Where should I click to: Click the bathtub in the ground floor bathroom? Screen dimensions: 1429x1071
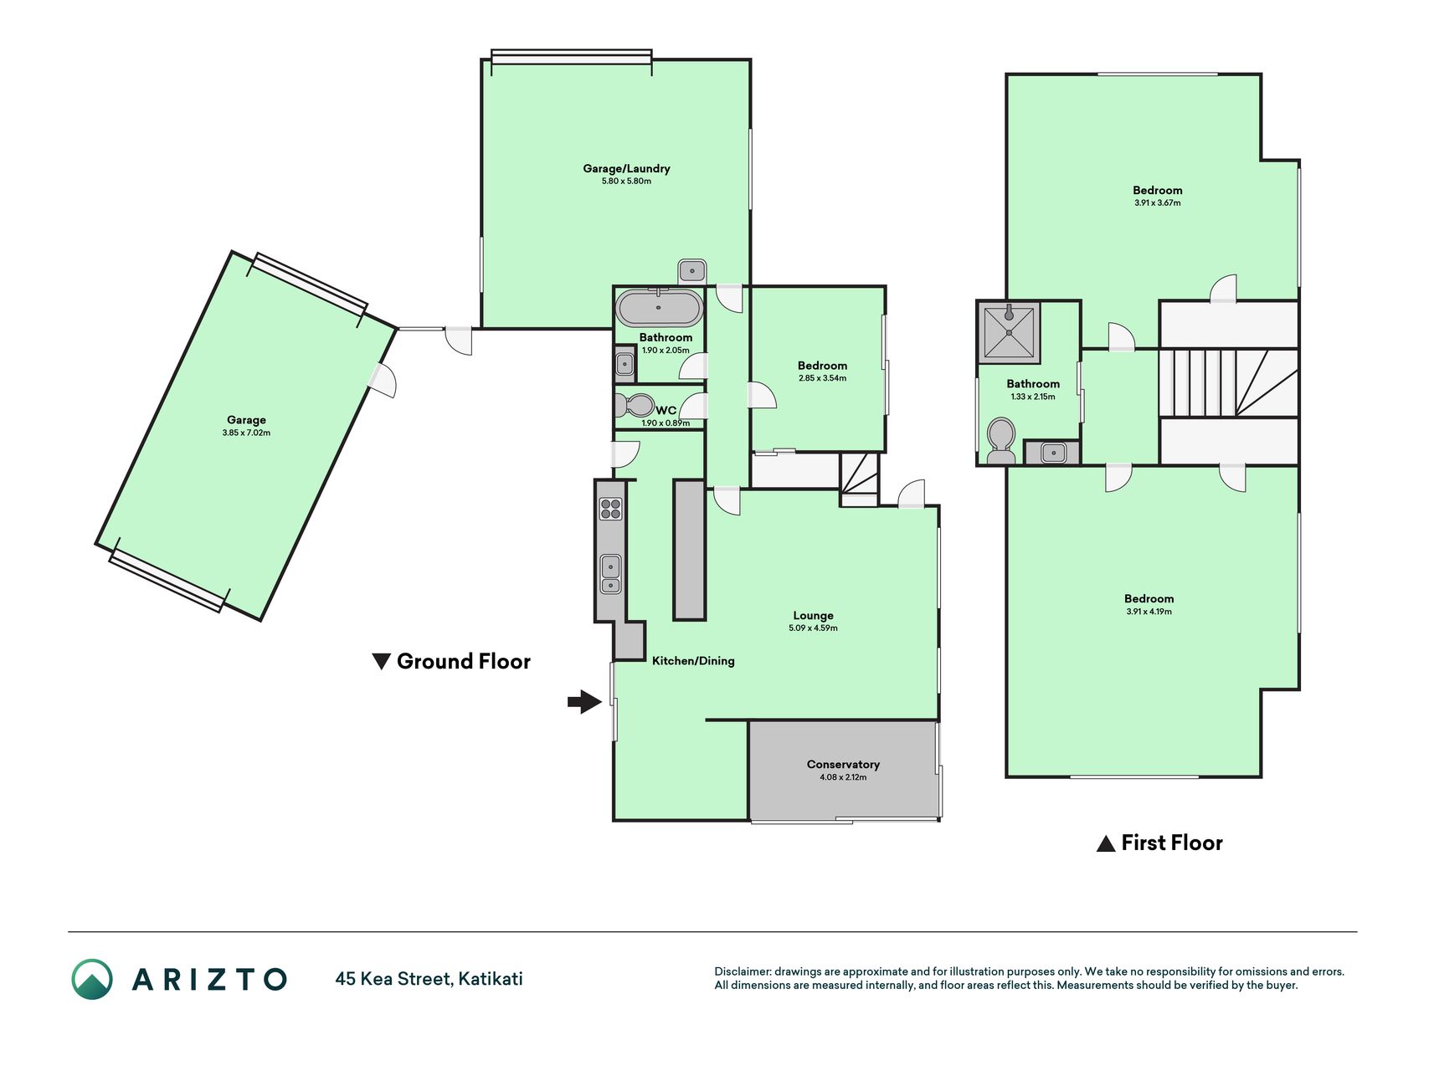(659, 308)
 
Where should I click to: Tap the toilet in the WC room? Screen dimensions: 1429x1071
(634, 406)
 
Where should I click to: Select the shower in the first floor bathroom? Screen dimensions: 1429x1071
(1010, 332)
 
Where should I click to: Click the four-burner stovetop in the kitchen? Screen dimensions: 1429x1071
(610, 509)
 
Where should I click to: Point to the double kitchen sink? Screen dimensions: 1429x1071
(610, 574)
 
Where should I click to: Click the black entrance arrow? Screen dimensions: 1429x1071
(584, 701)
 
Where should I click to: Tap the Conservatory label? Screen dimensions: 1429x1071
(843, 764)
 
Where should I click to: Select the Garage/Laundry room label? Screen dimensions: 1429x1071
(626, 168)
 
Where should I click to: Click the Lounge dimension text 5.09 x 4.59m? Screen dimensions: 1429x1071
(813, 628)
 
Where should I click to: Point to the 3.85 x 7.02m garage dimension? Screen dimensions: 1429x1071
(246, 433)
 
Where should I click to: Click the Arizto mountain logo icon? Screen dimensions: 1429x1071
(92, 979)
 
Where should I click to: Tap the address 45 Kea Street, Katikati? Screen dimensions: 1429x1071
(429, 979)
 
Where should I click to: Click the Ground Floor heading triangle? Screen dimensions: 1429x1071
(381, 662)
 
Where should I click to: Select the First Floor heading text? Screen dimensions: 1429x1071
(1172, 843)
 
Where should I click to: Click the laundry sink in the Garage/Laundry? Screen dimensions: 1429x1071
(691, 271)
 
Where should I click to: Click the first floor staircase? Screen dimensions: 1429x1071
(1228, 382)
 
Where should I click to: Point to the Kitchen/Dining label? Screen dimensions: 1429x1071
(693, 661)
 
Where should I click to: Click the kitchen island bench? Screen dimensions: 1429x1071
(690, 550)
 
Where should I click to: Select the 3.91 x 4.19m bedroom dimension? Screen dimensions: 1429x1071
(1149, 612)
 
